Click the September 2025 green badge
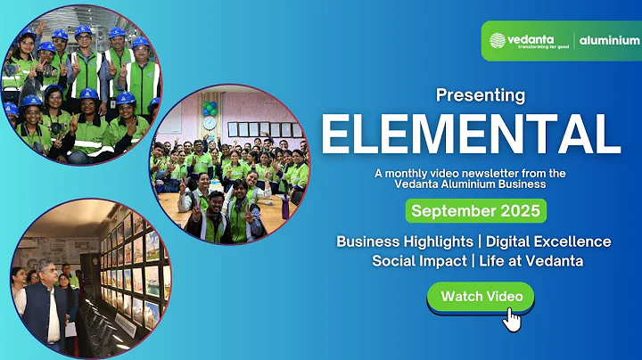[476, 211]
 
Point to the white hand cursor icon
[511, 318]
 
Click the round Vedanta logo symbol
[498, 40]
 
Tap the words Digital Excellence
[548, 241]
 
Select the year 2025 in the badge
[518, 211]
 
